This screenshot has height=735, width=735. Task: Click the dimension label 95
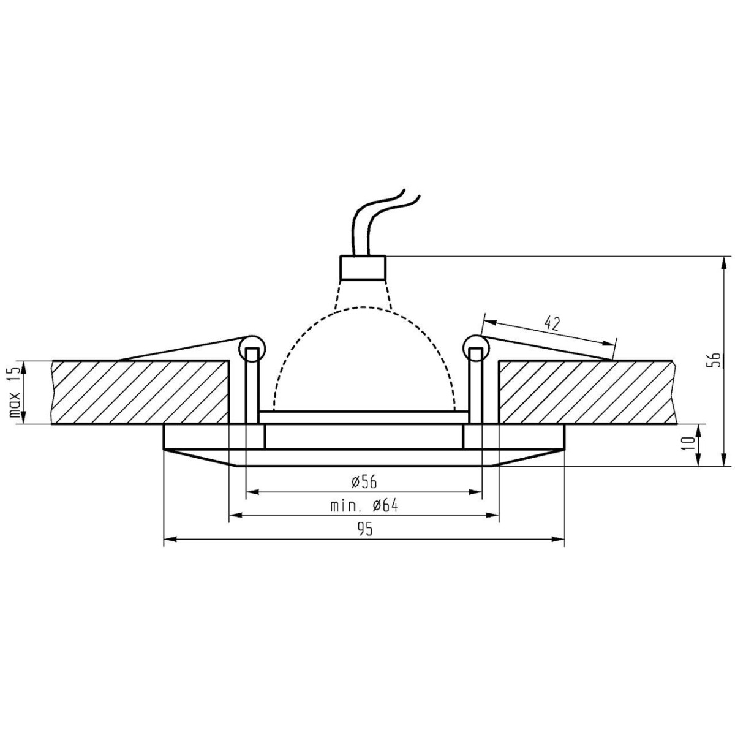pos(365,530)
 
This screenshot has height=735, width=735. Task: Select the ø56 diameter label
pos(365,482)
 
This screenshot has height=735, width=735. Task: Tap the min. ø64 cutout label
pos(365,506)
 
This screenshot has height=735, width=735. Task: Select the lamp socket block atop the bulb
pos(363,267)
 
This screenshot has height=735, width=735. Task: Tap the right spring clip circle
pos(476,349)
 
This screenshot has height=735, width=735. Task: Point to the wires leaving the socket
pos(380,221)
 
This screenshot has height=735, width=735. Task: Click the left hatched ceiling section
pos(141,392)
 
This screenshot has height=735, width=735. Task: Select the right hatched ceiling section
pos(588,392)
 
